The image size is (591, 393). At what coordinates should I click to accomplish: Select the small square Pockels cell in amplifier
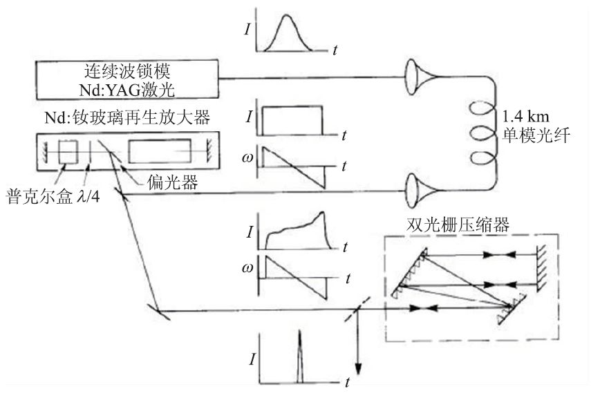click(67, 151)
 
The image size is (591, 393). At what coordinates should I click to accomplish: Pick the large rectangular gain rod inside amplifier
click(161, 151)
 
